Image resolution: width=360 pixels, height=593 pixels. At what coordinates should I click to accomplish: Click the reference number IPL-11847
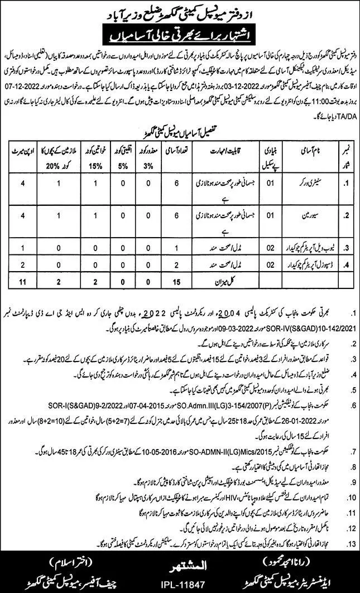coord(180,582)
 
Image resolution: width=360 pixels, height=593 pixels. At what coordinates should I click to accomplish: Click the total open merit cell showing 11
coord(22,283)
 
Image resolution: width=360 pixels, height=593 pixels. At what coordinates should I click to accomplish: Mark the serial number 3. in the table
coord(344,248)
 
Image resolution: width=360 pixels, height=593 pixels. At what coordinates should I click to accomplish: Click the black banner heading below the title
coord(180,38)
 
